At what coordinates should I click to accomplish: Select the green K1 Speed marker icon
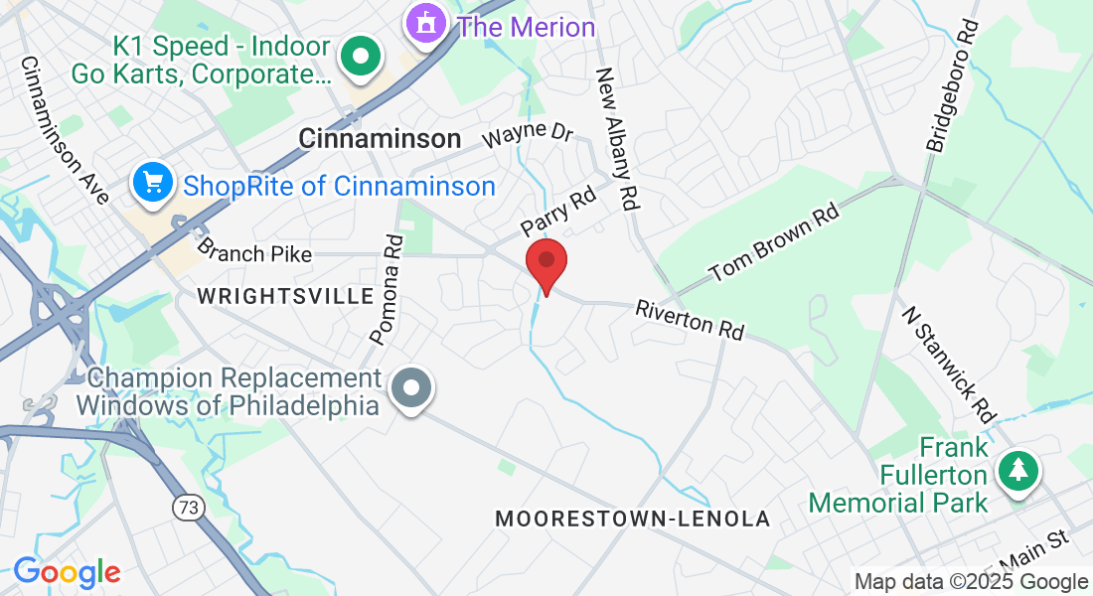pyautogui.click(x=362, y=58)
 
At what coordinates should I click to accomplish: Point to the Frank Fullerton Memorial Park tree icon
pyautogui.click(x=1017, y=469)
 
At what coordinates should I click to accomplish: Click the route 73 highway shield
pyautogui.click(x=186, y=508)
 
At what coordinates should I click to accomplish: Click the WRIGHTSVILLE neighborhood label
pyautogui.click(x=285, y=296)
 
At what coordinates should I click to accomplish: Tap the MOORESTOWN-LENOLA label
pyautogui.click(x=632, y=519)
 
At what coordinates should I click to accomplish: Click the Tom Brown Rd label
pyautogui.click(x=772, y=243)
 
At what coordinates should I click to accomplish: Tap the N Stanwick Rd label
pyautogui.click(x=949, y=362)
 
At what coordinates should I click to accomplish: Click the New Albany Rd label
pyautogui.click(x=616, y=138)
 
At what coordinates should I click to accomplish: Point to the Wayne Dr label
pyautogui.click(x=528, y=134)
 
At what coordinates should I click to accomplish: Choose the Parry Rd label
pyautogui.click(x=556, y=212)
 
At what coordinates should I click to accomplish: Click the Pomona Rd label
pyautogui.click(x=389, y=289)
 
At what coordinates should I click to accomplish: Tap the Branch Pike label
pyautogui.click(x=254, y=253)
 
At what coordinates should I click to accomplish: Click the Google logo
pyautogui.click(x=67, y=572)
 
